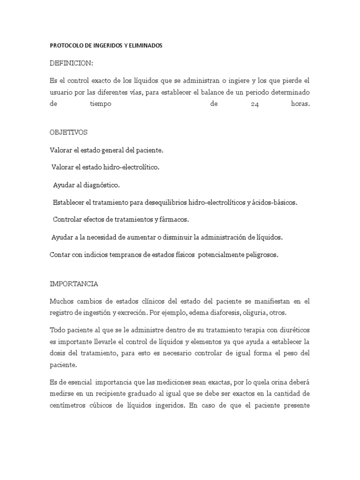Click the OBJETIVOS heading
pyautogui.click(x=68, y=133)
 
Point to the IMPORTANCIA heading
pyautogui.click(x=74, y=284)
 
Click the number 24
pyautogui.click(x=255, y=105)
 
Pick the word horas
pyautogui.click(x=300, y=105)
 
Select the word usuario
pyautogui.click(x=61, y=92)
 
